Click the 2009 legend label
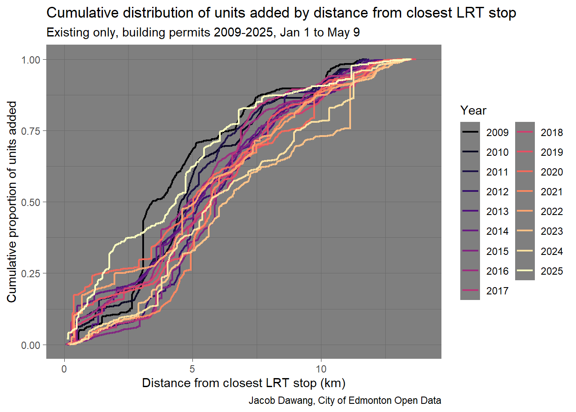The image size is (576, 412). [497, 132]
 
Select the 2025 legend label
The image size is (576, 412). [552, 271]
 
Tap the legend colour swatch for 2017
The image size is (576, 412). [470, 291]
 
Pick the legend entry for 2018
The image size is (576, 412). [552, 132]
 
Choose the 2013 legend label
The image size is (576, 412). [497, 211]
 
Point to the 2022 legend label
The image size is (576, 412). [552, 211]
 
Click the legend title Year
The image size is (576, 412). [473, 110]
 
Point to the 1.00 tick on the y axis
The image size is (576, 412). [31, 60]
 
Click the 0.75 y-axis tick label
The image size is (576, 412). [31, 131]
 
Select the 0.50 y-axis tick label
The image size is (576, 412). [31, 202]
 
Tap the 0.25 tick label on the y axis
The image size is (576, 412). [31, 273]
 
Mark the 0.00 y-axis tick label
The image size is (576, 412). [31, 345]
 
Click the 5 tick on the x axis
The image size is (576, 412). [192, 369]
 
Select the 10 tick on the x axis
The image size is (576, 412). [321, 369]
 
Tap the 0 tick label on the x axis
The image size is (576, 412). [64, 369]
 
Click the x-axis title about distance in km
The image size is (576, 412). [243, 383]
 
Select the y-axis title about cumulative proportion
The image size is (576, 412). [12, 202]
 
